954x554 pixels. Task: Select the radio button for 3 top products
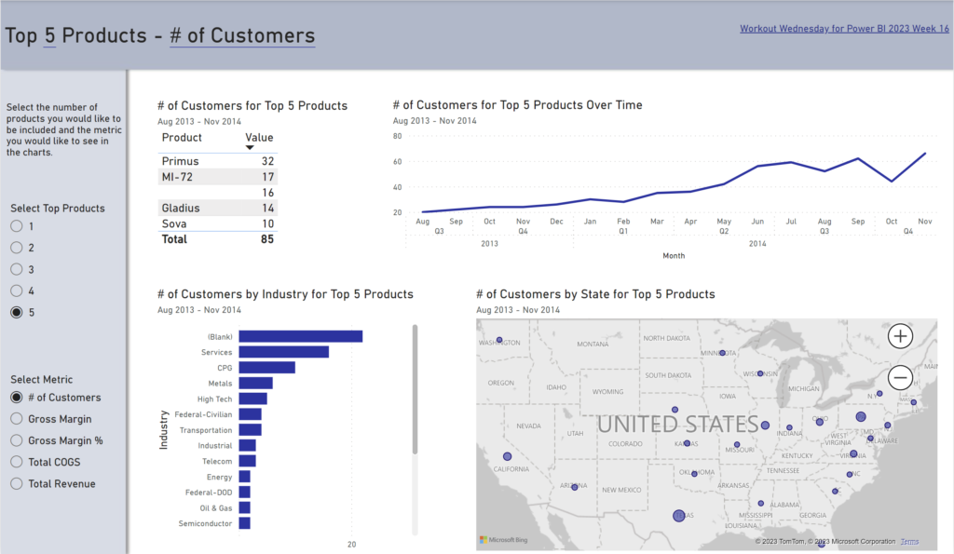tap(17, 269)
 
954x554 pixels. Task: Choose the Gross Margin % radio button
tap(17, 440)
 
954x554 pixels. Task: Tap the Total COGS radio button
tap(17, 462)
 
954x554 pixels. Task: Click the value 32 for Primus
tap(267, 161)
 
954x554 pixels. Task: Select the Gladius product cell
tap(181, 209)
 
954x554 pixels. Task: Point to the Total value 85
tap(266, 239)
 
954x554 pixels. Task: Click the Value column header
tap(259, 138)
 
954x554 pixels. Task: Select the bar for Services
tap(283, 352)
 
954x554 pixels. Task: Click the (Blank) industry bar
tap(300, 336)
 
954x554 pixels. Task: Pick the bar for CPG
tap(266, 368)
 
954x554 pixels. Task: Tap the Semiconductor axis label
tap(206, 523)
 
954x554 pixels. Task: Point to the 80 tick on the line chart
tap(397, 136)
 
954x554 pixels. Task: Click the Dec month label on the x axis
tap(556, 222)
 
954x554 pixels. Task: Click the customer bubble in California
tap(508, 456)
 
